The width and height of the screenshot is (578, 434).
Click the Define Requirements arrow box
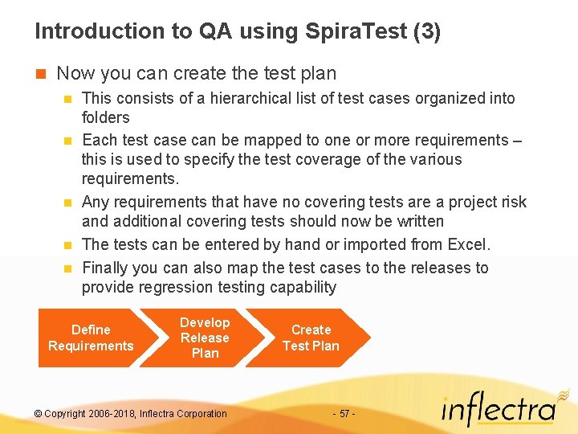click(91, 338)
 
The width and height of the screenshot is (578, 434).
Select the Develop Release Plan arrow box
click(205, 338)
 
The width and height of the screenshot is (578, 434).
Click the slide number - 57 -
click(344, 413)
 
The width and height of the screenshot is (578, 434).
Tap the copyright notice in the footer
click(131, 413)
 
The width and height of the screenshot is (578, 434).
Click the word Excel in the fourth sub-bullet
click(466, 244)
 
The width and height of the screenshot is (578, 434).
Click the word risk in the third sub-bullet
click(512, 202)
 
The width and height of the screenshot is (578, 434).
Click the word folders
click(105, 117)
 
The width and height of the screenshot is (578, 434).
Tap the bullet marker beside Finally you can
click(68, 268)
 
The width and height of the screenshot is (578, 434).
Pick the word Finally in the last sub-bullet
click(106, 268)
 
